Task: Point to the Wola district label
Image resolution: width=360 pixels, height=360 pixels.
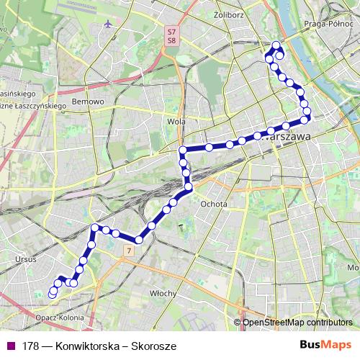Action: pyautogui.click(x=176, y=122)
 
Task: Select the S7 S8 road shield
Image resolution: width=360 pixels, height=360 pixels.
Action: pyautogui.click(x=171, y=36)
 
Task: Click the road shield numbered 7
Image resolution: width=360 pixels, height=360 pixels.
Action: pyautogui.click(x=127, y=251)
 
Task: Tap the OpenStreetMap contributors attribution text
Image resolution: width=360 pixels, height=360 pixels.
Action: pyautogui.click(x=296, y=323)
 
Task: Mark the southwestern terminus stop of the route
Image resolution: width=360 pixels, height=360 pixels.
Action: pyautogui.click(x=52, y=294)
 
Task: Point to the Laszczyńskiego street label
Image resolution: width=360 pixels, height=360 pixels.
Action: pyautogui.click(x=32, y=106)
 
